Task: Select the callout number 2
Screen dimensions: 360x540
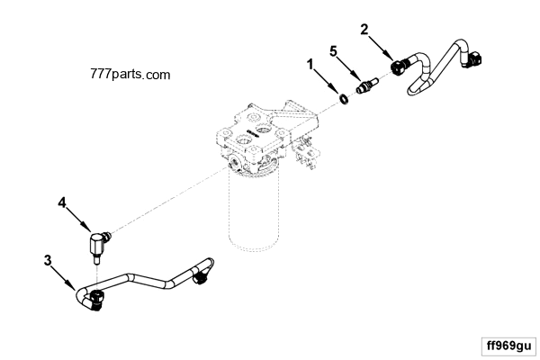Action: (x=364, y=29)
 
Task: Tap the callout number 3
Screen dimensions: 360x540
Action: (x=48, y=261)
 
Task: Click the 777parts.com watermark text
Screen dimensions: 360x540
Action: (x=130, y=76)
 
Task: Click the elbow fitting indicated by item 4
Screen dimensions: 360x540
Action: (x=98, y=240)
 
